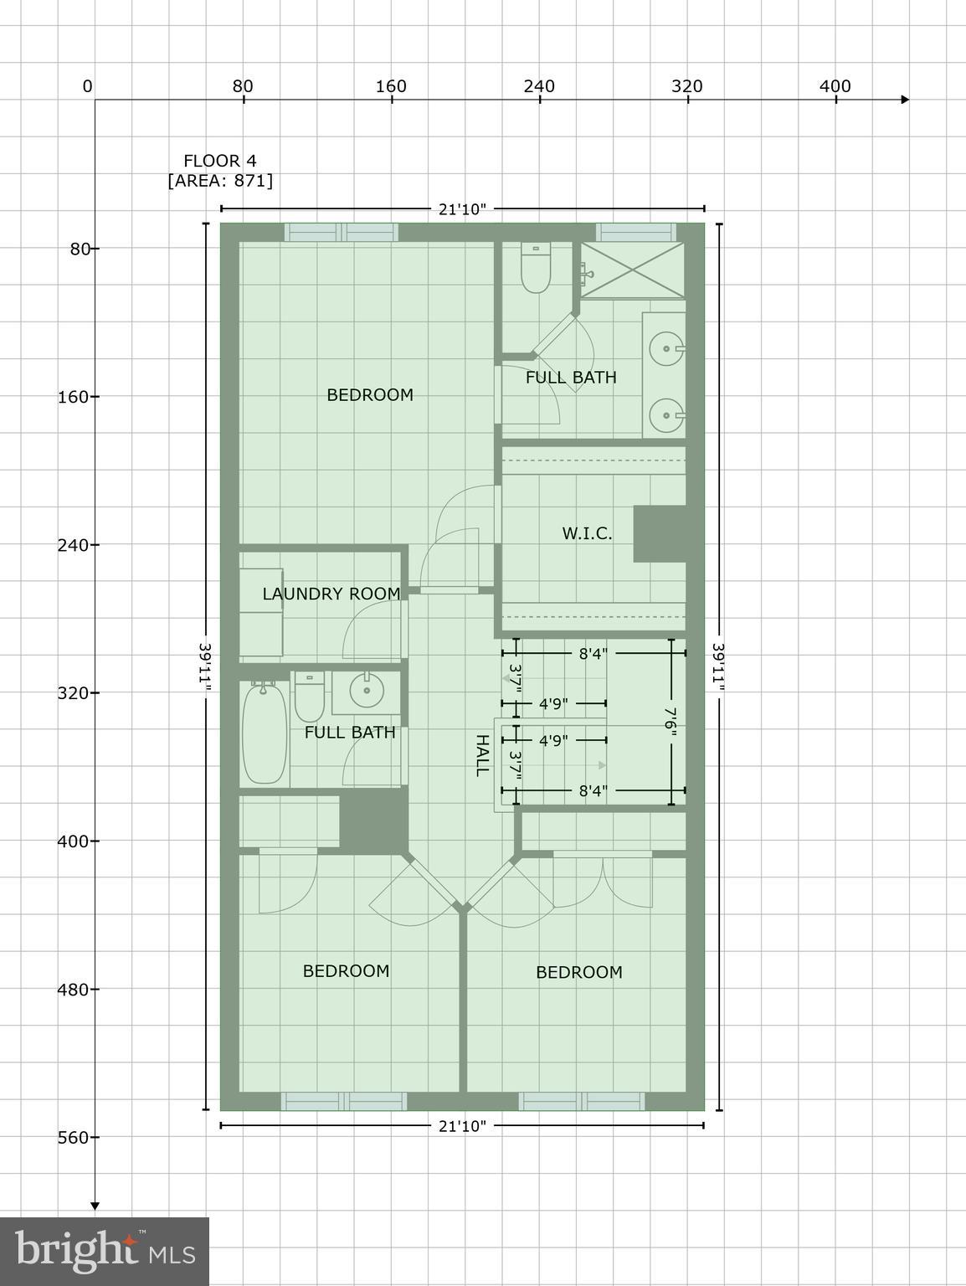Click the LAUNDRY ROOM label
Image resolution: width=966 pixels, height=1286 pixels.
(331, 594)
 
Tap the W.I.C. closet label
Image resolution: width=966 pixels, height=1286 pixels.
(587, 533)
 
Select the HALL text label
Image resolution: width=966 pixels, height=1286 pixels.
(482, 755)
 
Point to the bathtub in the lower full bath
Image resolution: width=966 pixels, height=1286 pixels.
(264, 732)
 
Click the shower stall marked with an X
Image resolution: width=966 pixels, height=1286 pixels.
(633, 270)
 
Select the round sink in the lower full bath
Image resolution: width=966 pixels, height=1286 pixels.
(366, 691)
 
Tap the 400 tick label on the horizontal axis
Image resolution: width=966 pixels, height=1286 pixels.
(835, 86)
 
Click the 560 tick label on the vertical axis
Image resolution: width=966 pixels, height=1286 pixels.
(73, 1137)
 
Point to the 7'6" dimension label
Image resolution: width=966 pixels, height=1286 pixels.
(671, 721)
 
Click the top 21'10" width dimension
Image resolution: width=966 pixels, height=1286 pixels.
(462, 208)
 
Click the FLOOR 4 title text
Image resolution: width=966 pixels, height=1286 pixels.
(220, 161)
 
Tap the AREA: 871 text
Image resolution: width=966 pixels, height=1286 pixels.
(220, 181)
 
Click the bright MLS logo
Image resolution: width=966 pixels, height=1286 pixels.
(105, 1252)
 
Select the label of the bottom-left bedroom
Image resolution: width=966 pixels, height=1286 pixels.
(346, 971)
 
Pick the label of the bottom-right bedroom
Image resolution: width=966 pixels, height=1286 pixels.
(578, 972)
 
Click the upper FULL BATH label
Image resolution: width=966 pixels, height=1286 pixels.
(571, 378)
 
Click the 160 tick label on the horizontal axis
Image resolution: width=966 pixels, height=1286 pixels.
(391, 86)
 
